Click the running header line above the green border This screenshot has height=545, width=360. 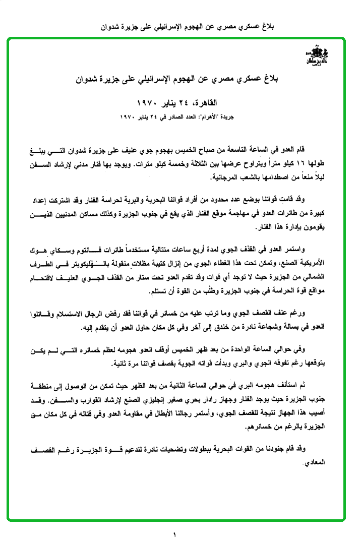(180, 26)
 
